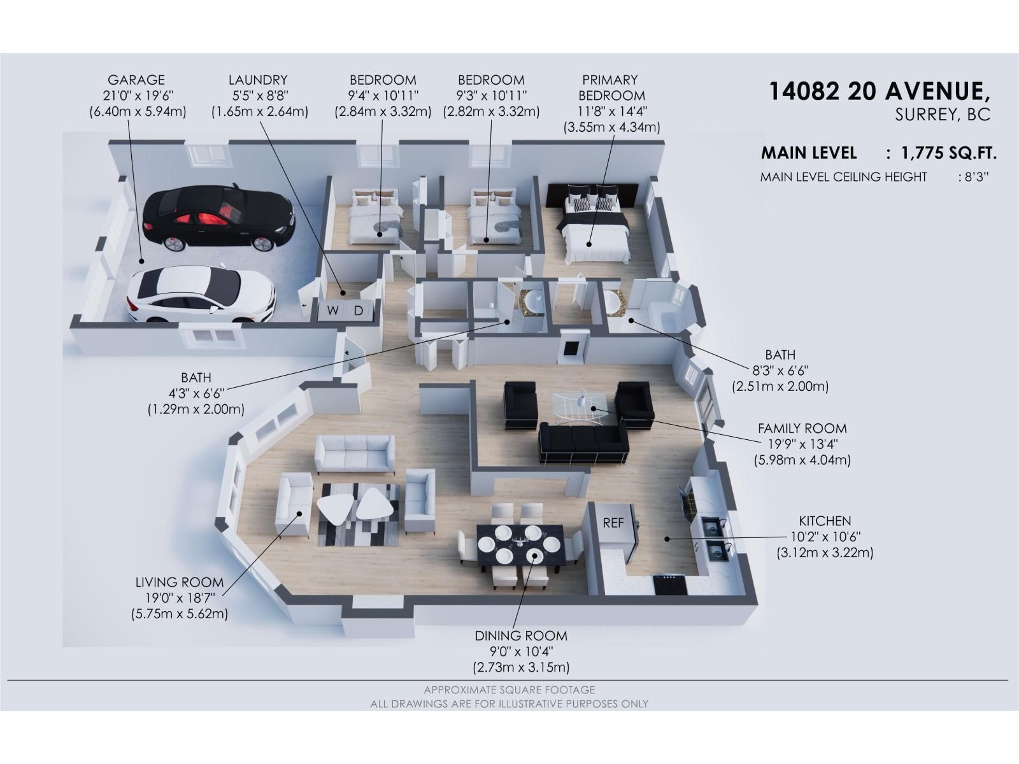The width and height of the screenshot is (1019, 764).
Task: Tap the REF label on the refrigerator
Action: [613, 523]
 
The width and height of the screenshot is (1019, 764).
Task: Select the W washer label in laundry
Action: [332, 311]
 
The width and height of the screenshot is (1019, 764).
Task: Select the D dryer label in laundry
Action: [359, 311]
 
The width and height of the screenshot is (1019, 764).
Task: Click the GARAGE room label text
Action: [136, 80]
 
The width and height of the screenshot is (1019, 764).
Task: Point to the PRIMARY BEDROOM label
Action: [610, 88]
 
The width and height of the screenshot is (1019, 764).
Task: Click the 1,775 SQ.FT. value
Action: [948, 153]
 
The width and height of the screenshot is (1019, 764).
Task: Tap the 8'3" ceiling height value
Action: [975, 177]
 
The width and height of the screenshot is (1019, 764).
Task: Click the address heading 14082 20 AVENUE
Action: [880, 92]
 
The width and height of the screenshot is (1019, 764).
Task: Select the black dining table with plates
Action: [520, 546]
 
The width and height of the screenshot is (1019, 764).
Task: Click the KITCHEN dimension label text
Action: [825, 521]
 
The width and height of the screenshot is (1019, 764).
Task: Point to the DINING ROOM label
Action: [520, 635]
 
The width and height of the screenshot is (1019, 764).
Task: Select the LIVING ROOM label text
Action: [180, 582]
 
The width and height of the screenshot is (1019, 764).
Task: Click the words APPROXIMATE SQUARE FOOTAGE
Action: [509, 690]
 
